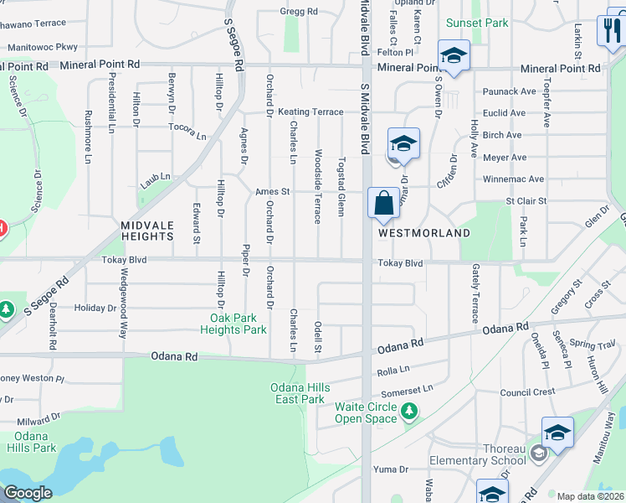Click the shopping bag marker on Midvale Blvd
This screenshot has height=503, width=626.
pos(383,203)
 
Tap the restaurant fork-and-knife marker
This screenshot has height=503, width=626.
pos(610,32)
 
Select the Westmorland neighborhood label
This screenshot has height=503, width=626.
pos(423,233)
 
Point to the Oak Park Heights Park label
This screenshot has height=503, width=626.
pos(239,324)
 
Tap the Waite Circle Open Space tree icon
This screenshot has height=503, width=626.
pos(409,411)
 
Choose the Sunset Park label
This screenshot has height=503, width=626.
pos(477,23)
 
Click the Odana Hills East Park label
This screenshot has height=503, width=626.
pos(297,393)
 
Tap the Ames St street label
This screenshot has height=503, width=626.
pos(272,192)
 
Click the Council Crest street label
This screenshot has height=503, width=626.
pos(527,392)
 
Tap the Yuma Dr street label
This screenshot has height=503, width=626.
pos(390,469)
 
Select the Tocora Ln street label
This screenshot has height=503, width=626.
pos(187,131)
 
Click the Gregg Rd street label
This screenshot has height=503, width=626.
pos(299,12)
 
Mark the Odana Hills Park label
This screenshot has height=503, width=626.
pos(34,442)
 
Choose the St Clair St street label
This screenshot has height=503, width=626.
pos(526,201)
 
